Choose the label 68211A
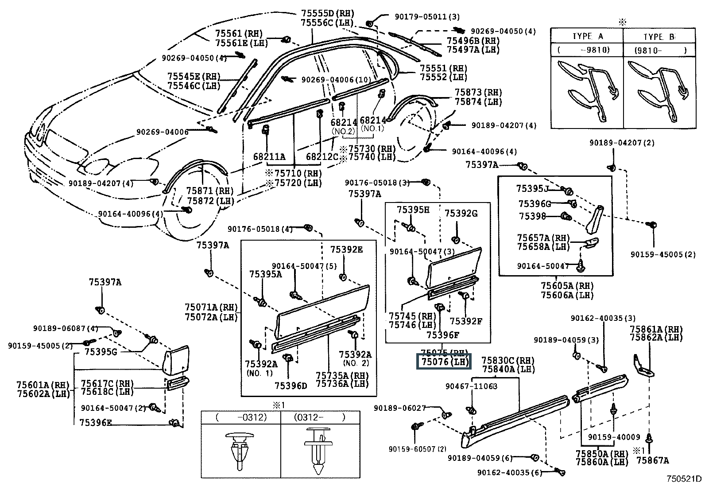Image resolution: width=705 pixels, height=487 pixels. click(269, 157)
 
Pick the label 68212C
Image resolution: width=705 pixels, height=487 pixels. click(322, 157)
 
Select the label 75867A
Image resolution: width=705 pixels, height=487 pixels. click(652, 460)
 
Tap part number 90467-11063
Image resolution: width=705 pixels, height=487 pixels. click(471, 386)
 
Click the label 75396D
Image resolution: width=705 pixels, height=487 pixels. click(291, 386)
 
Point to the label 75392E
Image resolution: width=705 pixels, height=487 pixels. click(346, 250)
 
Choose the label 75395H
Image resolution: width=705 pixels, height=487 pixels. click(413, 210)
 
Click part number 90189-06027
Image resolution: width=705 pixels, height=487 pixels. click(400, 408)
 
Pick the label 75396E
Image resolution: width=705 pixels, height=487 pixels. click(96, 422)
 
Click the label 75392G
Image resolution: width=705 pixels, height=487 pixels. click(461, 214)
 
